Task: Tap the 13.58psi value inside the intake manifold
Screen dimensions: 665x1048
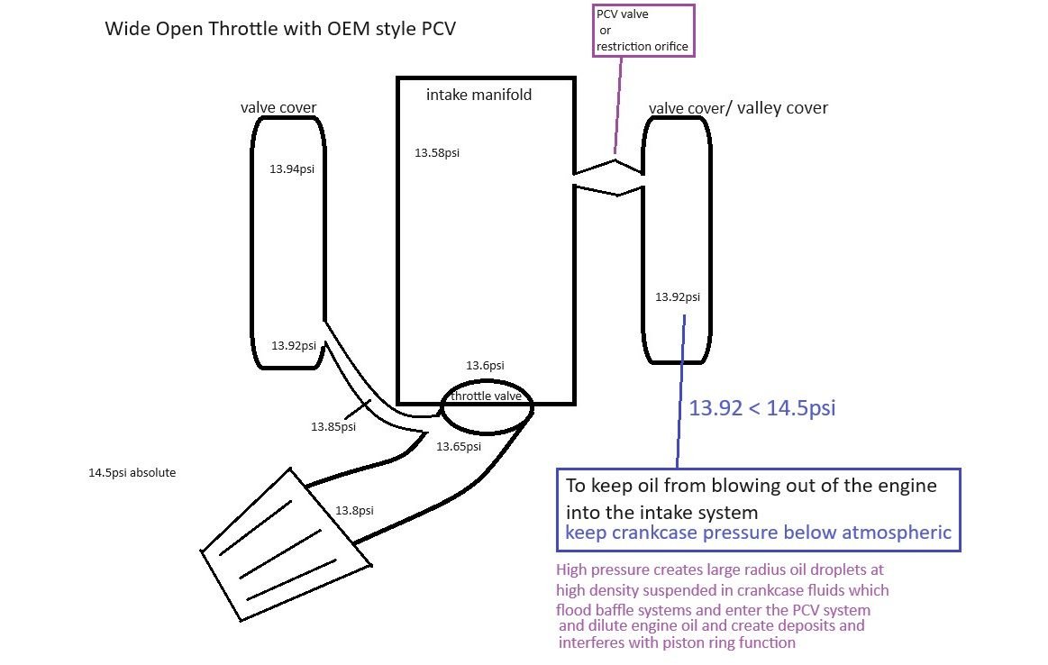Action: [437, 153]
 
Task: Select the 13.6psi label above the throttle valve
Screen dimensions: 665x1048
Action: [485, 365]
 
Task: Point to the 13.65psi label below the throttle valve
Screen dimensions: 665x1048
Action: [459, 446]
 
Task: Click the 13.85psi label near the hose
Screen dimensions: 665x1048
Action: [333, 426]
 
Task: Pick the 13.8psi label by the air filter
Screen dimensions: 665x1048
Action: [354, 510]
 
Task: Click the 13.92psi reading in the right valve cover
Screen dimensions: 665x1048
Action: [678, 296]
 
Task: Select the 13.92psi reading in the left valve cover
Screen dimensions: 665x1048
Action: [294, 345]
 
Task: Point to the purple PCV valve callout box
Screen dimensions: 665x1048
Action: [643, 31]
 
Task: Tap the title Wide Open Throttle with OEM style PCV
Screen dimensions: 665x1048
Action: [280, 28]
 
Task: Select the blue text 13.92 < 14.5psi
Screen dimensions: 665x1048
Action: [762, 407]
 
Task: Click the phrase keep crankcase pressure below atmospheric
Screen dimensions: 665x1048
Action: [758, 533]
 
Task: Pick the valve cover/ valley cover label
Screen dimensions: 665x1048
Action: [738, 108]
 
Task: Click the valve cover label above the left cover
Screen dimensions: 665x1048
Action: [278, 108]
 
